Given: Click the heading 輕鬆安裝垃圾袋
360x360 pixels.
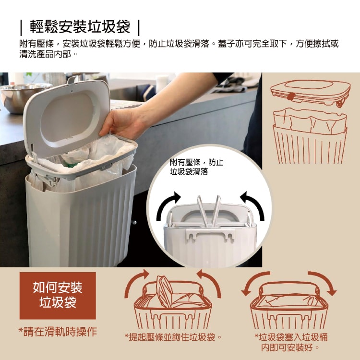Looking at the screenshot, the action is pos(80,27).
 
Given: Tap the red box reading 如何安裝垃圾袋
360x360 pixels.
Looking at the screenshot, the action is pos(58,296).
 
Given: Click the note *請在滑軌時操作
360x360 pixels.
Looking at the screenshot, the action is pos(58,332).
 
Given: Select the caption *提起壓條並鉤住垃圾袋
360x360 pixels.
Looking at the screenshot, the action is pos(173,337).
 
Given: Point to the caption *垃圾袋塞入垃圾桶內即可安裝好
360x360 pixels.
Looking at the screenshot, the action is pos(291,342).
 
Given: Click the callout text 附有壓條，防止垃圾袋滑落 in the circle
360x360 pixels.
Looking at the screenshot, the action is pos(196,167).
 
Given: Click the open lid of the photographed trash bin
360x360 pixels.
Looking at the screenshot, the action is pos(67,117).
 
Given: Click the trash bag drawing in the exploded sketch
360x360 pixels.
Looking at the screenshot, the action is pos(310,122).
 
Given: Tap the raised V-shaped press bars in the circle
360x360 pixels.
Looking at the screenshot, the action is pos(209,211).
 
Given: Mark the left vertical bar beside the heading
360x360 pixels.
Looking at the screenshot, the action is pos(21,27).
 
